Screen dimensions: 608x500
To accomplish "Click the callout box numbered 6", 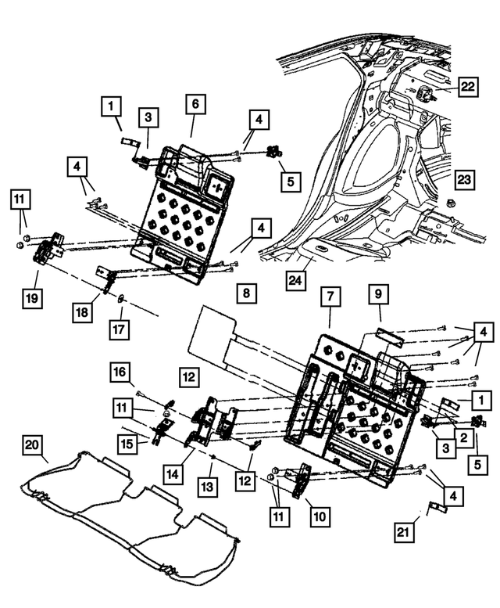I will click(195, 104).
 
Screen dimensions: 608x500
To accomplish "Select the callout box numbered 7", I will click(330, 297).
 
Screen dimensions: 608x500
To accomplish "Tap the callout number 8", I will click(245, 293).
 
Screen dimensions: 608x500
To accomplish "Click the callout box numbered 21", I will click(403, 534).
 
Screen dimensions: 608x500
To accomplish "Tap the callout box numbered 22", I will click(467, 87).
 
